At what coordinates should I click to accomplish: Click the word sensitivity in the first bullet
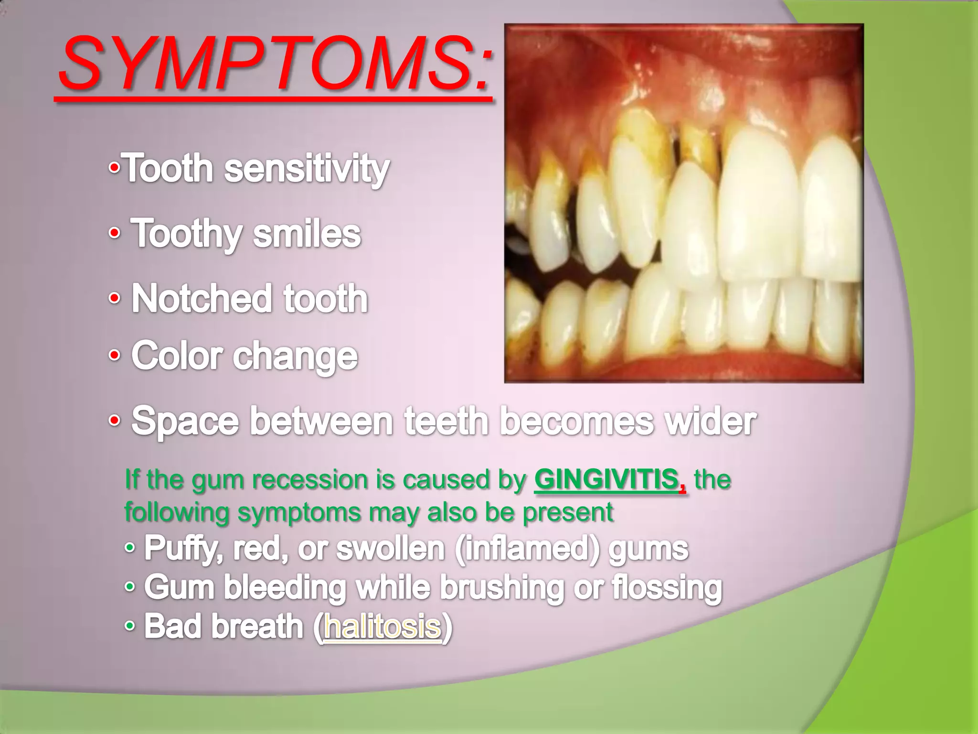click(307, 169)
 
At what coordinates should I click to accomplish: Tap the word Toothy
click(187, 234)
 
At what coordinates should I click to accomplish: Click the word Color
click(177, 356)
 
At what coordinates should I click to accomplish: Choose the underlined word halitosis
click(382, 627)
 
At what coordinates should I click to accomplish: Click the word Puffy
click(183, 549)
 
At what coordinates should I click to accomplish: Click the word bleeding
click(285, 588)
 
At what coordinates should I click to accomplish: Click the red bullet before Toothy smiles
click(114, 234)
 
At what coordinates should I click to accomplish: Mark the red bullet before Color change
click(114, 356)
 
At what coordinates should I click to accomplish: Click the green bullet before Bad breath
click(129, 626)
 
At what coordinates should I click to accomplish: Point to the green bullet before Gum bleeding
click(129, 587)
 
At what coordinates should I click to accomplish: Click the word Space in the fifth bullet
click(185, 422)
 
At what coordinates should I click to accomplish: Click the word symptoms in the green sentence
click(299, 512)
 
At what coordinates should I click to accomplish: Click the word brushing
click(501, 588)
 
